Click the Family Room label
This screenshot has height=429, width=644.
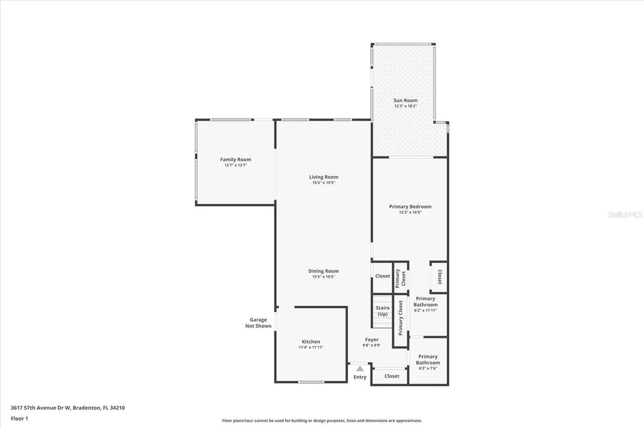tap(235, 159)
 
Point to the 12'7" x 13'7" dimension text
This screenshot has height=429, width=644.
tap(235, 165)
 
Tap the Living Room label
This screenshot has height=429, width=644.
tap(324, 177)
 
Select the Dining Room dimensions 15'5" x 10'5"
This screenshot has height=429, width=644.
tap(324, 277)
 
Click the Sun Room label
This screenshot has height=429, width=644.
tap(405, 101)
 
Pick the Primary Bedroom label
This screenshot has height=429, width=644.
tap(410, 207)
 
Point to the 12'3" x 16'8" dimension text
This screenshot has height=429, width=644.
tap(410, 212)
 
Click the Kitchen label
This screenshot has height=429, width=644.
tap(311, 341)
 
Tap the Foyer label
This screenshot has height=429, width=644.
tap(372, 340)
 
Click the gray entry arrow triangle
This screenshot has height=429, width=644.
tap(360, 369)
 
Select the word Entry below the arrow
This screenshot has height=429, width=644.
tap(360, 377)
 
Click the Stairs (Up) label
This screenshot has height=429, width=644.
tap(382, 311)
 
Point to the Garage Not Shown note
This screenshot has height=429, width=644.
tap(259, 323)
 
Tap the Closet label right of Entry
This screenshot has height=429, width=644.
tap(391, 376)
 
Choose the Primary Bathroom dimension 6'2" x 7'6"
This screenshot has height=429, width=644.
tap(428, 368)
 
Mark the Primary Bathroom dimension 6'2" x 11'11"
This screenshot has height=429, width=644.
tap(425, 310)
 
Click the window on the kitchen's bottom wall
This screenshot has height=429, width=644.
tap(311, 382)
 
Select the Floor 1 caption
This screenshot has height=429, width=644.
tap(19, 418)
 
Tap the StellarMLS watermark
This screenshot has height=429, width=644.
tap(625, 214)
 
